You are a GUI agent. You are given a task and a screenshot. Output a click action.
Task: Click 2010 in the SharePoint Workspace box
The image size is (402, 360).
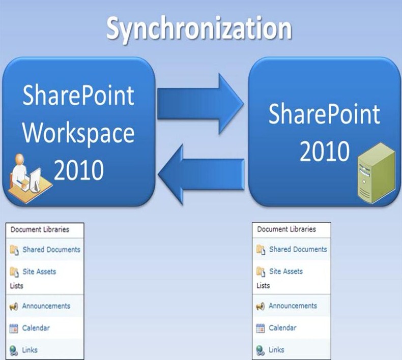click(x=78, y=171)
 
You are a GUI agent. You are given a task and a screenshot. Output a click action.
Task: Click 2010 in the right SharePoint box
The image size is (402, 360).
click(x=324, y=151)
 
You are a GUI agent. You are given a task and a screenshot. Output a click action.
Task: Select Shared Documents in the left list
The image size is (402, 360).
click(x=51, y=250)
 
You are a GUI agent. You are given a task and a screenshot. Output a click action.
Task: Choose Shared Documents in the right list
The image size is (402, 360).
click(x=298, y=249)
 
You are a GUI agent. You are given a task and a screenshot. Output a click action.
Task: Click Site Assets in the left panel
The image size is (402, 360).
click(x=39, y=272)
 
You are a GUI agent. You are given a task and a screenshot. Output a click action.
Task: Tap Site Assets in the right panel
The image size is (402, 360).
click(x=285, y=272)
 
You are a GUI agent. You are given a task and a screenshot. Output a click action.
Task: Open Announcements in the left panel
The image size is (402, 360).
click(x=46, y=306)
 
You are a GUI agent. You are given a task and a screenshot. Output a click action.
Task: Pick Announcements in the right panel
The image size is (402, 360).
click(x=293, y=306)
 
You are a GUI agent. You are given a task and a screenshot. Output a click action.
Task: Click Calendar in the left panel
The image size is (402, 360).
click(x=36, y=328)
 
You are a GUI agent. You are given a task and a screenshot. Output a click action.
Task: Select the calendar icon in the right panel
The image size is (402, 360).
click(x=261, y=328)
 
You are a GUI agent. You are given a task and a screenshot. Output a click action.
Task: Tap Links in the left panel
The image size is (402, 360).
click(x=30, y=350)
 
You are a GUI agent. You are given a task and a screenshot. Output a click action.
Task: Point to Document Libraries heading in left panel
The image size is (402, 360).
click(x=40, y=229)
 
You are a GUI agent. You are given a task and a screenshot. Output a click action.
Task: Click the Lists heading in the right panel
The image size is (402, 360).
click(x=263, y=286)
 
